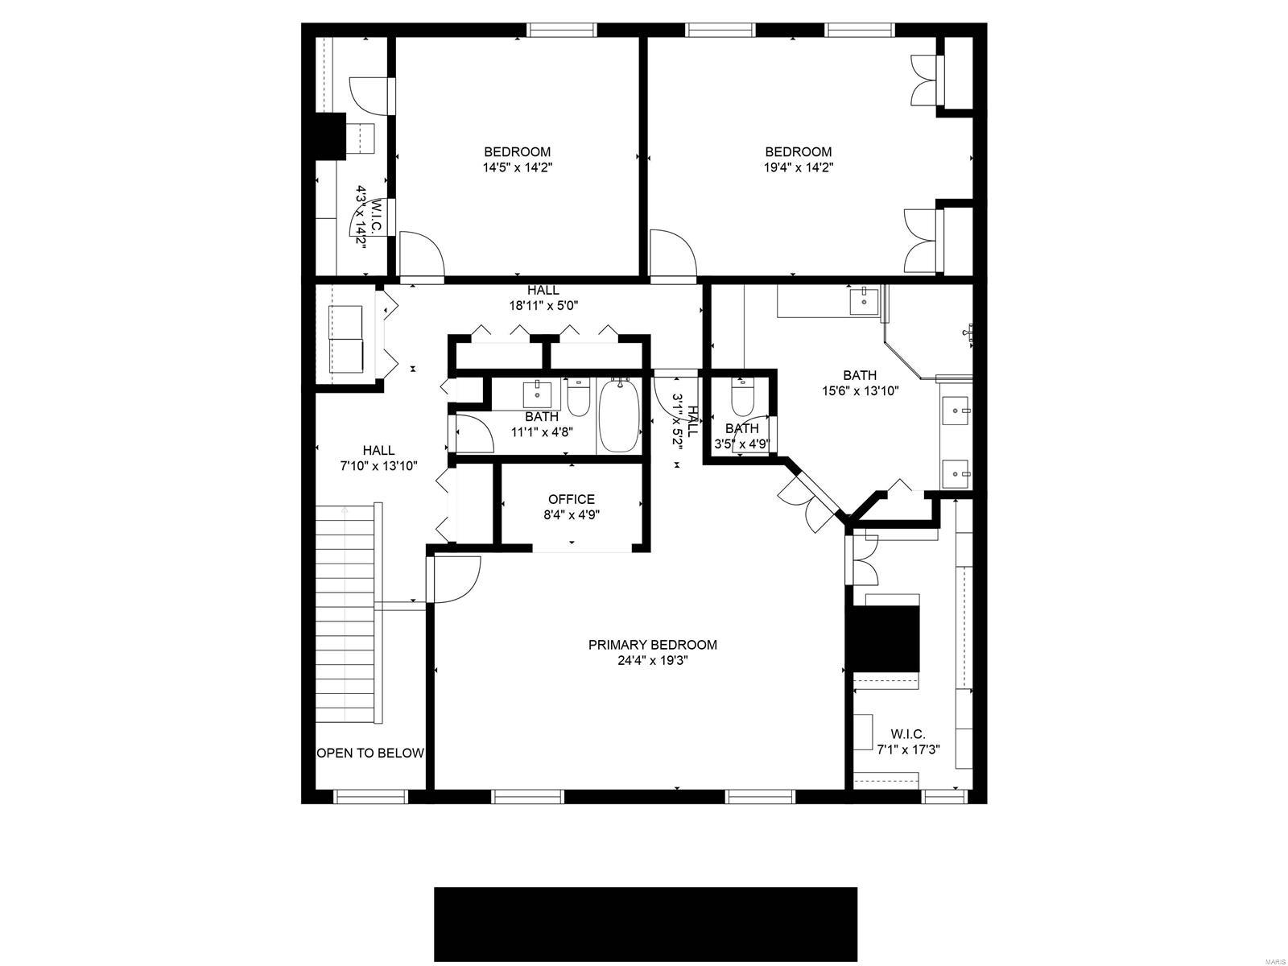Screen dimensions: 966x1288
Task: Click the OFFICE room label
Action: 572,499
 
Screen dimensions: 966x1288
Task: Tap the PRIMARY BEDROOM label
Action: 652,645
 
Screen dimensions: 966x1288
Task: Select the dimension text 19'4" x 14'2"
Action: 798,168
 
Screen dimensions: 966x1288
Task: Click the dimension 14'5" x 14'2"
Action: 517,168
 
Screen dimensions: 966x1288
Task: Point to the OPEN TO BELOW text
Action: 369,753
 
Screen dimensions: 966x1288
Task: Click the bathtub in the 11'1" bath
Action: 619,416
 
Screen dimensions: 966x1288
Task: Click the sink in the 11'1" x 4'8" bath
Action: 537,395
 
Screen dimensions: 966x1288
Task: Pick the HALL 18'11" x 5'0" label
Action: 543,298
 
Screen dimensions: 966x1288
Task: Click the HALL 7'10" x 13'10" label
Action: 378,458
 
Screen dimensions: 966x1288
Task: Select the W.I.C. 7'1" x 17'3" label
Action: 908,741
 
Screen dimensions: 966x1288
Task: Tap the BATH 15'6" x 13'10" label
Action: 860,383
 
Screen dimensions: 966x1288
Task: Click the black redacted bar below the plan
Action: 646,924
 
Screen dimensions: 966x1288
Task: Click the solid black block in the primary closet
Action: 885,638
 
